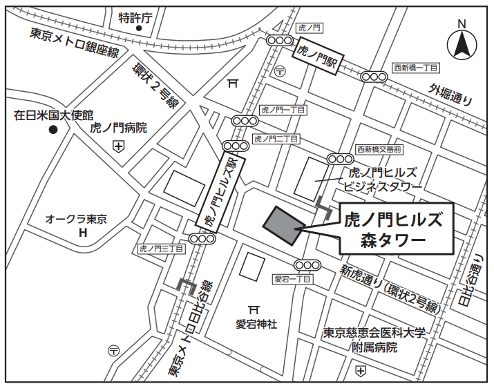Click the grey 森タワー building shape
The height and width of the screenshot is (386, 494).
tap(283, 225)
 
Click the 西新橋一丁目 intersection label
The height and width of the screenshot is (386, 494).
tap(416, 68)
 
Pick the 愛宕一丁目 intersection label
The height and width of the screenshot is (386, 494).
tap(293, 279)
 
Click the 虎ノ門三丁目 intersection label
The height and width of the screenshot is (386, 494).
tap(161, 249)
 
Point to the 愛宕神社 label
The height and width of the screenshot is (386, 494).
tap(256, 323)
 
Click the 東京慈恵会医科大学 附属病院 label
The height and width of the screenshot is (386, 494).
tap(374, 340)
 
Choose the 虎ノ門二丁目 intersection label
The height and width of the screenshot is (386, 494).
tap(276, 139)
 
